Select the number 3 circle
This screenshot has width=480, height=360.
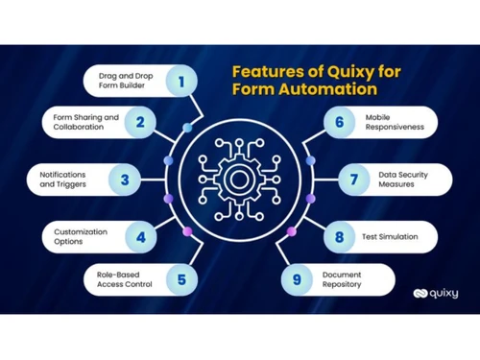[125, 178]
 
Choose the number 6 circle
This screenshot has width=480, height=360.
[340, 122]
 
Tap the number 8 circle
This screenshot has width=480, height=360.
[340, 235]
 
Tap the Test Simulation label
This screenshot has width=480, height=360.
[391, 235]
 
